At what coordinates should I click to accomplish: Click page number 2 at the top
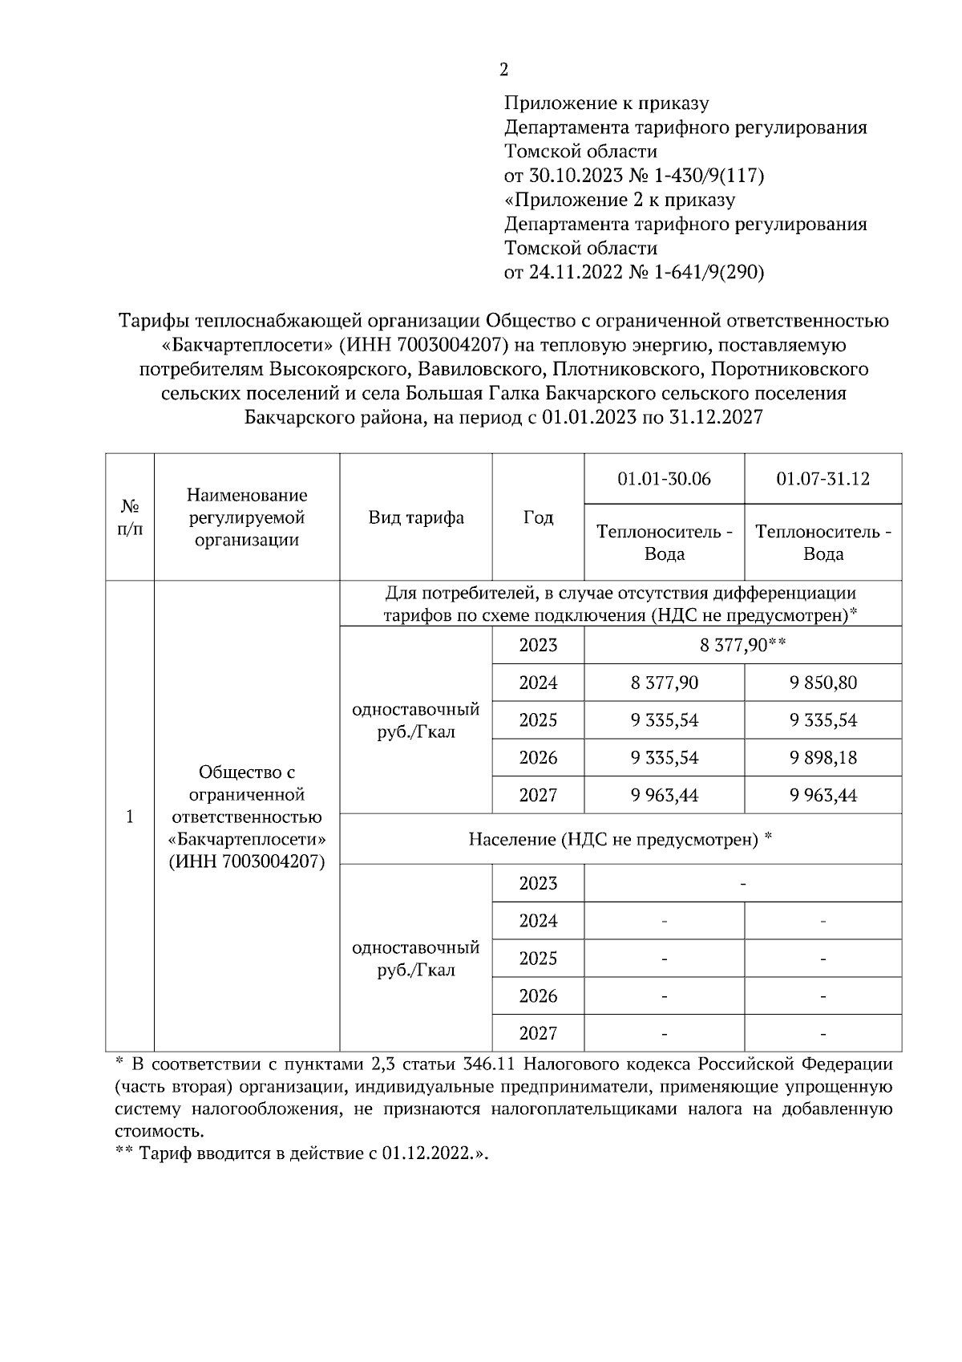click(x=503, y=71)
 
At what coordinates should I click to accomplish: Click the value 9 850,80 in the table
click(x=823, y=683)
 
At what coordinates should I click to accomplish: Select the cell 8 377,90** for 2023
click(x=742, y=645)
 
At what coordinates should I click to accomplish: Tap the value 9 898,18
click(x=823, y=757)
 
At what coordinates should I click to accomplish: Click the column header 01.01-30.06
click(x=664, y=479)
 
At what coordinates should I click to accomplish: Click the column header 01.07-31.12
click(x=823, y=479)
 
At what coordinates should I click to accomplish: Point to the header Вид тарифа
click(x=416, y=517)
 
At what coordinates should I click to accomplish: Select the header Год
click(x=538, y=517)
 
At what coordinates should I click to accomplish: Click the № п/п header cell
click(x=130, y=517)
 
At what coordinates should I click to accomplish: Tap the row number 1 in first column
click(x=130, y=817)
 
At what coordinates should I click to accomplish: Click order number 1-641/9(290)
click(x=709, y=273)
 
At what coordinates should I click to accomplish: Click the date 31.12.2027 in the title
click(x=709, y=418)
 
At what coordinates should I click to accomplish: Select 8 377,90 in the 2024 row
click(x=664, y=683)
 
